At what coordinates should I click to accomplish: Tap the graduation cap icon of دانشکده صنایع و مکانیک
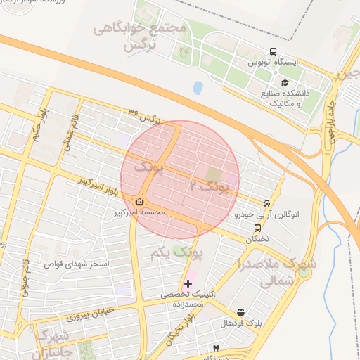285,83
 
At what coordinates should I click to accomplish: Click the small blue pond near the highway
198,88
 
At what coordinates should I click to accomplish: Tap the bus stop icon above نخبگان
257,228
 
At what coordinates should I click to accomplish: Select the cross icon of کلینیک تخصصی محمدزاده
188,283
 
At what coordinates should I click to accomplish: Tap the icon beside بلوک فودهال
241,312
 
